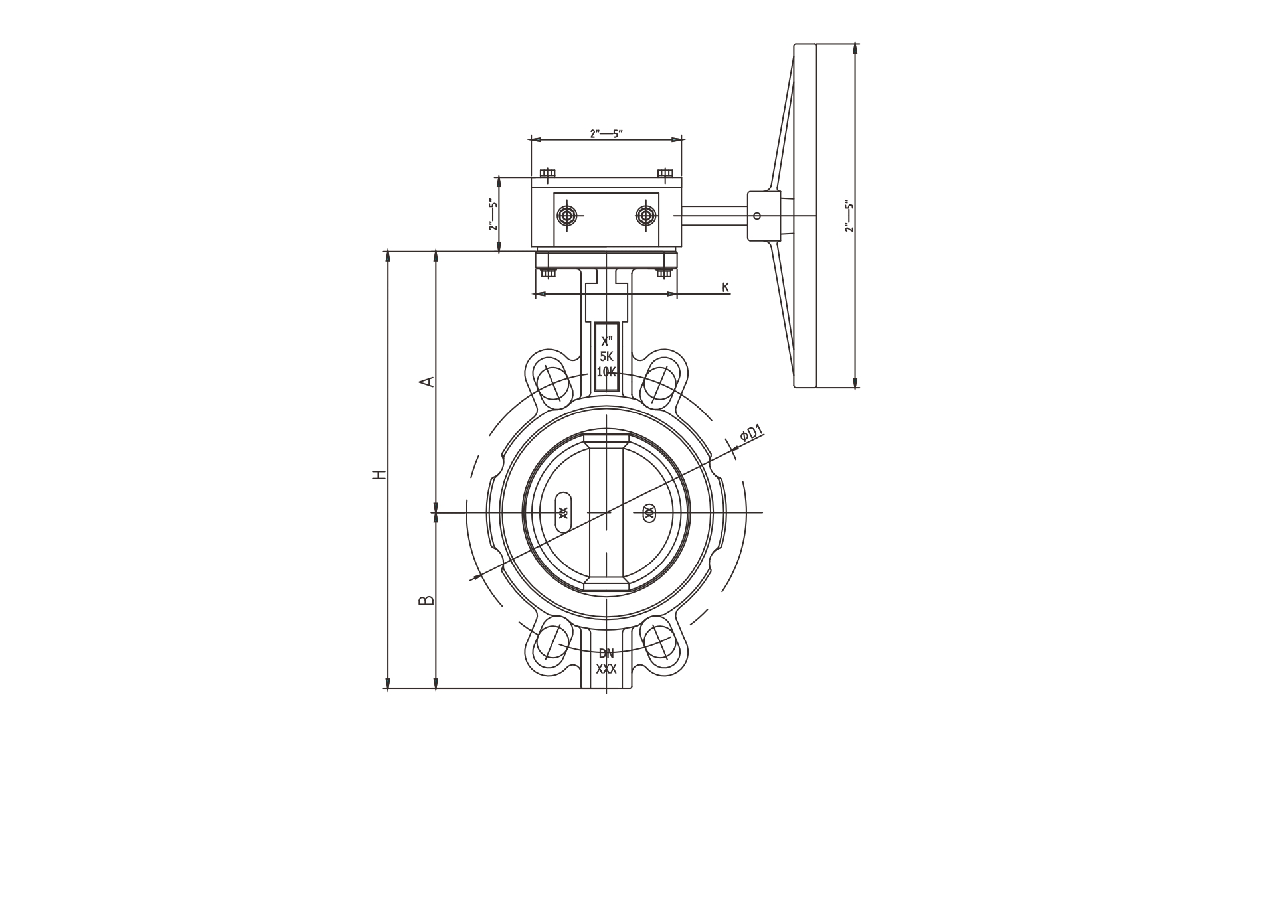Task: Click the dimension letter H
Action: point(379,474)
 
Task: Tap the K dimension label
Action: point(726,287)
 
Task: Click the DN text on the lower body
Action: point(606,654)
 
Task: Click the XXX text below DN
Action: point(606,669)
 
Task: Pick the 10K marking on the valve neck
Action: point(606,372)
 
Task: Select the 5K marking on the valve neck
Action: point(606,356)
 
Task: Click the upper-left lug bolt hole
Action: point(553,383)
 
